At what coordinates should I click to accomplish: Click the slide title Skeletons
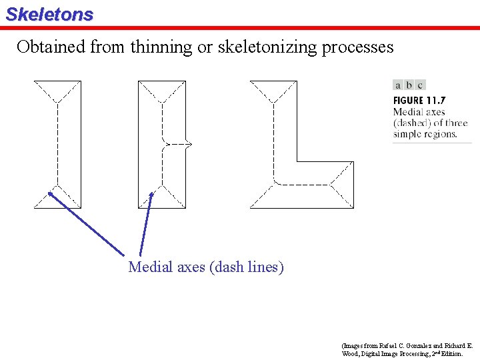coord(49,14)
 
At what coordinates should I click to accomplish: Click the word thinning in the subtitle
coord(161,47)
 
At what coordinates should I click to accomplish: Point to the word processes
coord(359,47)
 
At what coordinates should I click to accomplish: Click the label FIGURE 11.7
coord(419,101)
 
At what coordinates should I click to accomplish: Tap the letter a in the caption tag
coord(398,85)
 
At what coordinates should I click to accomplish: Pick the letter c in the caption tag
coord(420,85)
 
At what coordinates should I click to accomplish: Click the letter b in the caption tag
coord(409,85)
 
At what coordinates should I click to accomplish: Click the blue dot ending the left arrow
coord(51,194)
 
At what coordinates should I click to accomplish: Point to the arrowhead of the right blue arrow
coord(151,195)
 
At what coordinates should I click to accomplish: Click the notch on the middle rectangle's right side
coord(189,143)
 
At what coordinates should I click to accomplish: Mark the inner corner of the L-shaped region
coord(296,161)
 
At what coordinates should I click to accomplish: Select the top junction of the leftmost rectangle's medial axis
coord(57,102)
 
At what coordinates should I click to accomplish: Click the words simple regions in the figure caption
coord(425,134)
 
